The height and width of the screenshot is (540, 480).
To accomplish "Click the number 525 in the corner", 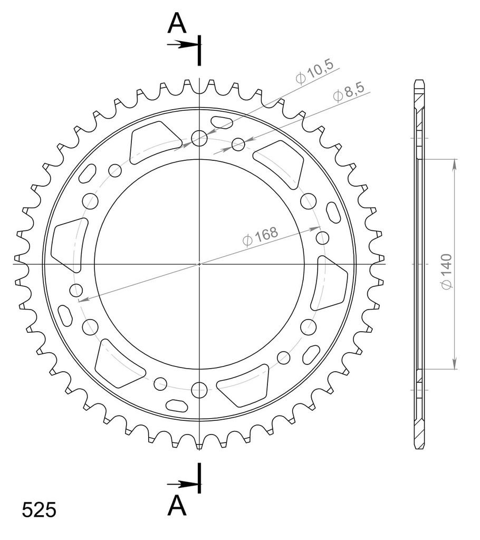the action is (39, 510).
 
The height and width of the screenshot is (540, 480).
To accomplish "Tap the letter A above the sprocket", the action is (177, 23).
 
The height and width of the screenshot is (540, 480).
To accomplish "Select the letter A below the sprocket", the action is (177, 506).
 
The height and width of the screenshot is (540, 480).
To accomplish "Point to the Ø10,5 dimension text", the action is (315, 71).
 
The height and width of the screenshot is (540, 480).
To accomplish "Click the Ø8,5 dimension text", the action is (349, 92).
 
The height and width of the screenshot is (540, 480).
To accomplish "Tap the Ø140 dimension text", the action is (447, 272).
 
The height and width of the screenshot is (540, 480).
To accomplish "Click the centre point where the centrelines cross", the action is (199, 264).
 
